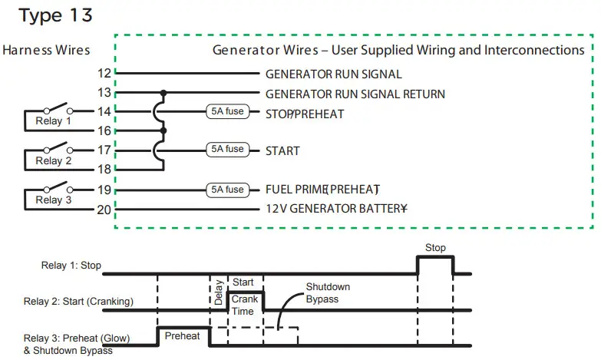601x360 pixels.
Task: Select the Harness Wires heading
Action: pos(46,51)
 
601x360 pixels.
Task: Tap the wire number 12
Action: pos(104,74)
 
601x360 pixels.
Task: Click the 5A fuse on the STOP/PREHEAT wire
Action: pos(226,111)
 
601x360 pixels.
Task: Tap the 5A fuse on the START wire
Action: pos(226,150)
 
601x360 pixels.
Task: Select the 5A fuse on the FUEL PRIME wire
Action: pos(226,190)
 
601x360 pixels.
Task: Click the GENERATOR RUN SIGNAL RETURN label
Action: pos(355,94)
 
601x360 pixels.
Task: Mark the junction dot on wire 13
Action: pos(162,93)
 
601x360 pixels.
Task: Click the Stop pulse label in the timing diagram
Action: pos(435,248)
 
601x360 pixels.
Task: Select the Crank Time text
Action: pos(244,305)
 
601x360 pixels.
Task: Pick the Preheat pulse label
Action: pos(182,336)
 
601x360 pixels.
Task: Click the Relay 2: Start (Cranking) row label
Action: pos(78,301)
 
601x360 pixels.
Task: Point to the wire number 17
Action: pos(104,150)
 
